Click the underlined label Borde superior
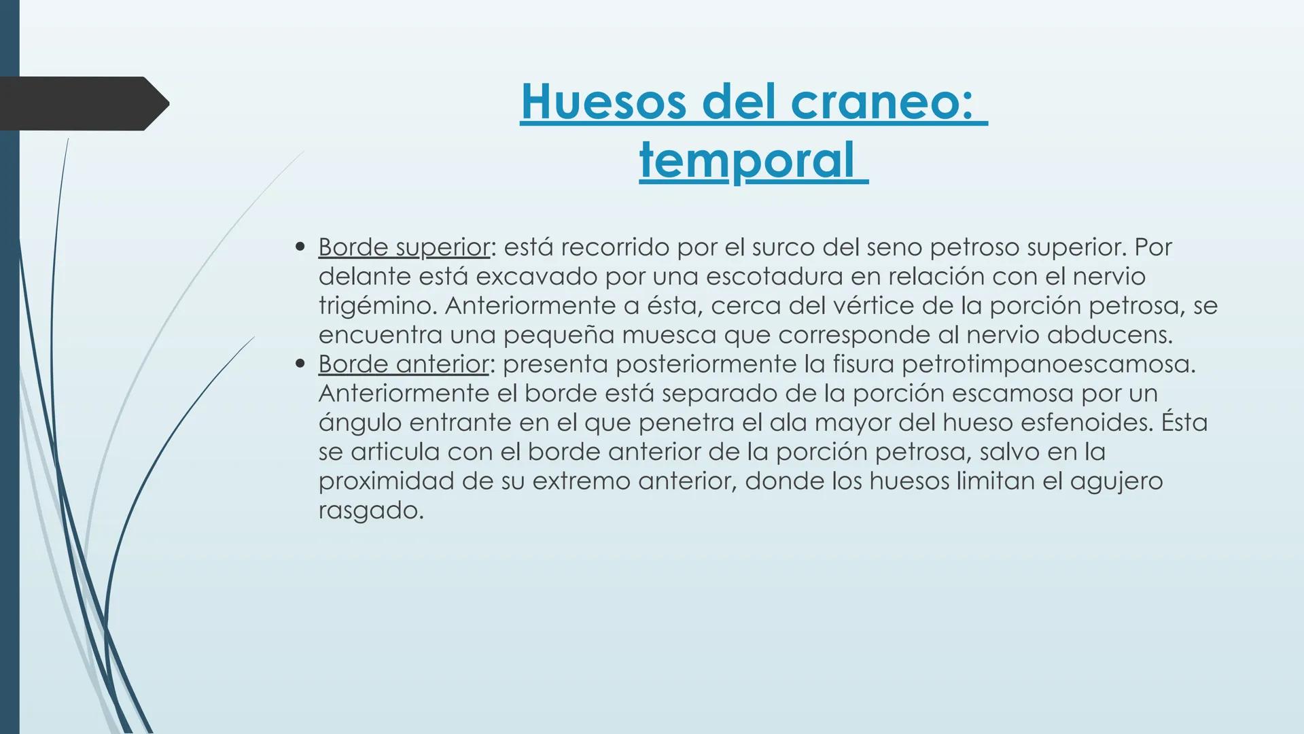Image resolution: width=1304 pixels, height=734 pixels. click(x=404, y=247)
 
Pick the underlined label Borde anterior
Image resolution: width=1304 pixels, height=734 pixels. click(x=403, y=364)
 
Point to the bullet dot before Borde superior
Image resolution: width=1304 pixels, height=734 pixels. click(x=300, y=247)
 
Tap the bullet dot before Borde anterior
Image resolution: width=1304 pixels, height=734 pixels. click(x=300, y=364)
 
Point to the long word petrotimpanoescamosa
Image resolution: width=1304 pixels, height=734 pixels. click(x=1047, y=364)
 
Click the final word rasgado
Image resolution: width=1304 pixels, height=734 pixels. click(x=370, y=511)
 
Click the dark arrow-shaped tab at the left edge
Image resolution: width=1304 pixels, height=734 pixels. click(x=82, y=103)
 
